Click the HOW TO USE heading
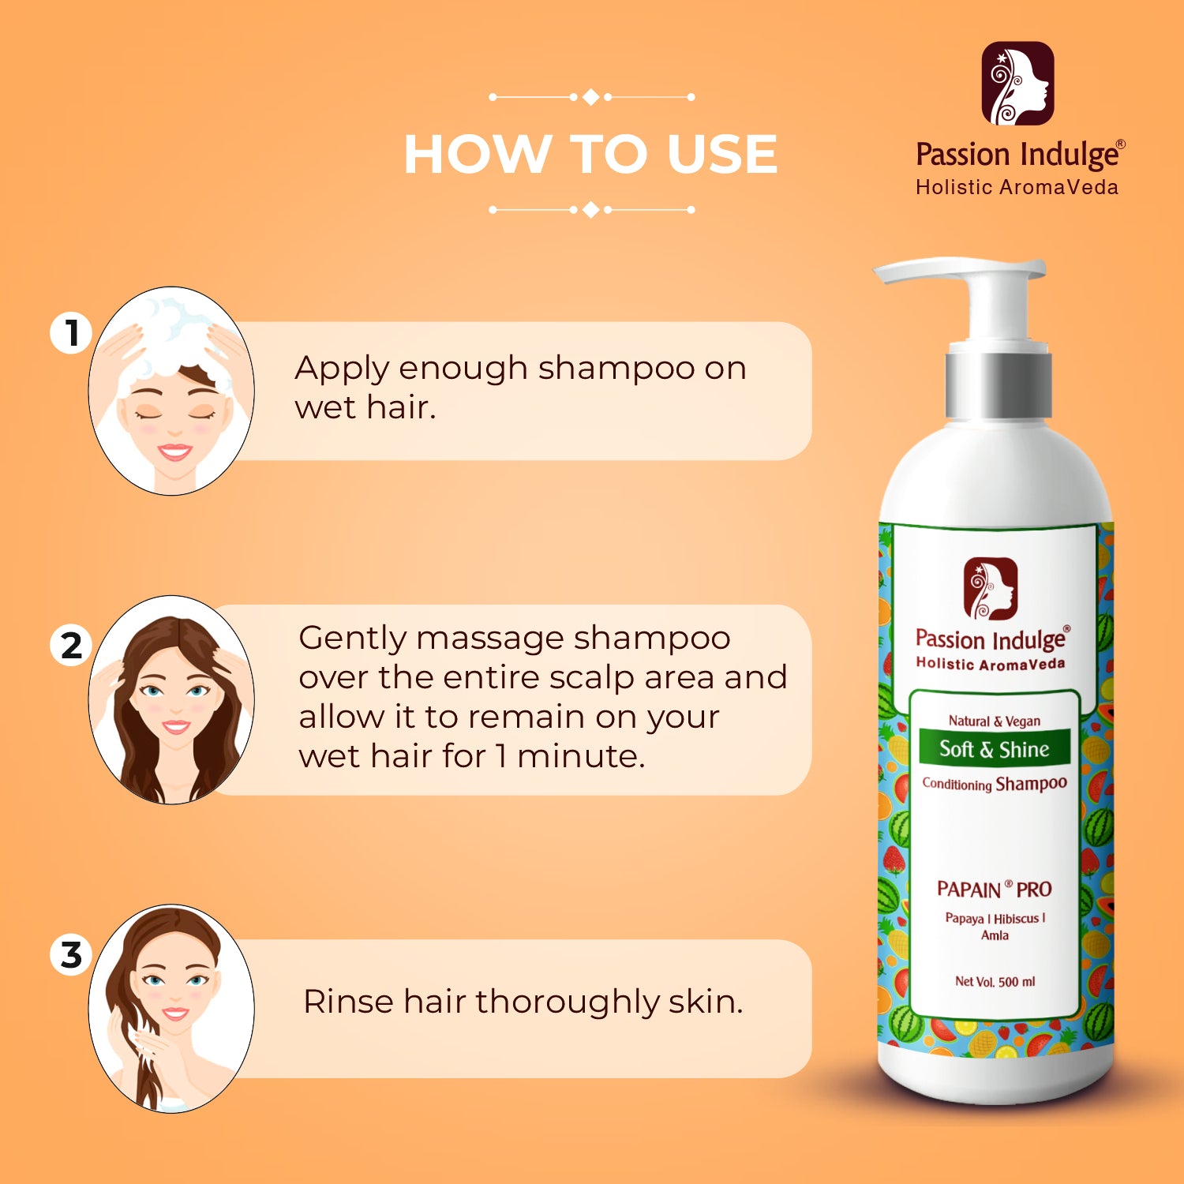[590, 153]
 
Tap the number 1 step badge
[72, 332]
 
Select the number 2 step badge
[72, 645]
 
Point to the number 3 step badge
[72, 954]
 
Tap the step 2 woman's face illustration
[171, 700]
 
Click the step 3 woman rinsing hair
[171, 1009]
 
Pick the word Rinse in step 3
[347, 1001]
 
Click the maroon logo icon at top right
[1017, 84]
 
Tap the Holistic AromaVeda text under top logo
[1017, 187]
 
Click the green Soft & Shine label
[994, 748]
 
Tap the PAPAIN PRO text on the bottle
[994, 889]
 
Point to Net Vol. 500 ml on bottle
[995, 981]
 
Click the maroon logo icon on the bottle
[991, 589]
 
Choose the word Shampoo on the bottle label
[1031, 784]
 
